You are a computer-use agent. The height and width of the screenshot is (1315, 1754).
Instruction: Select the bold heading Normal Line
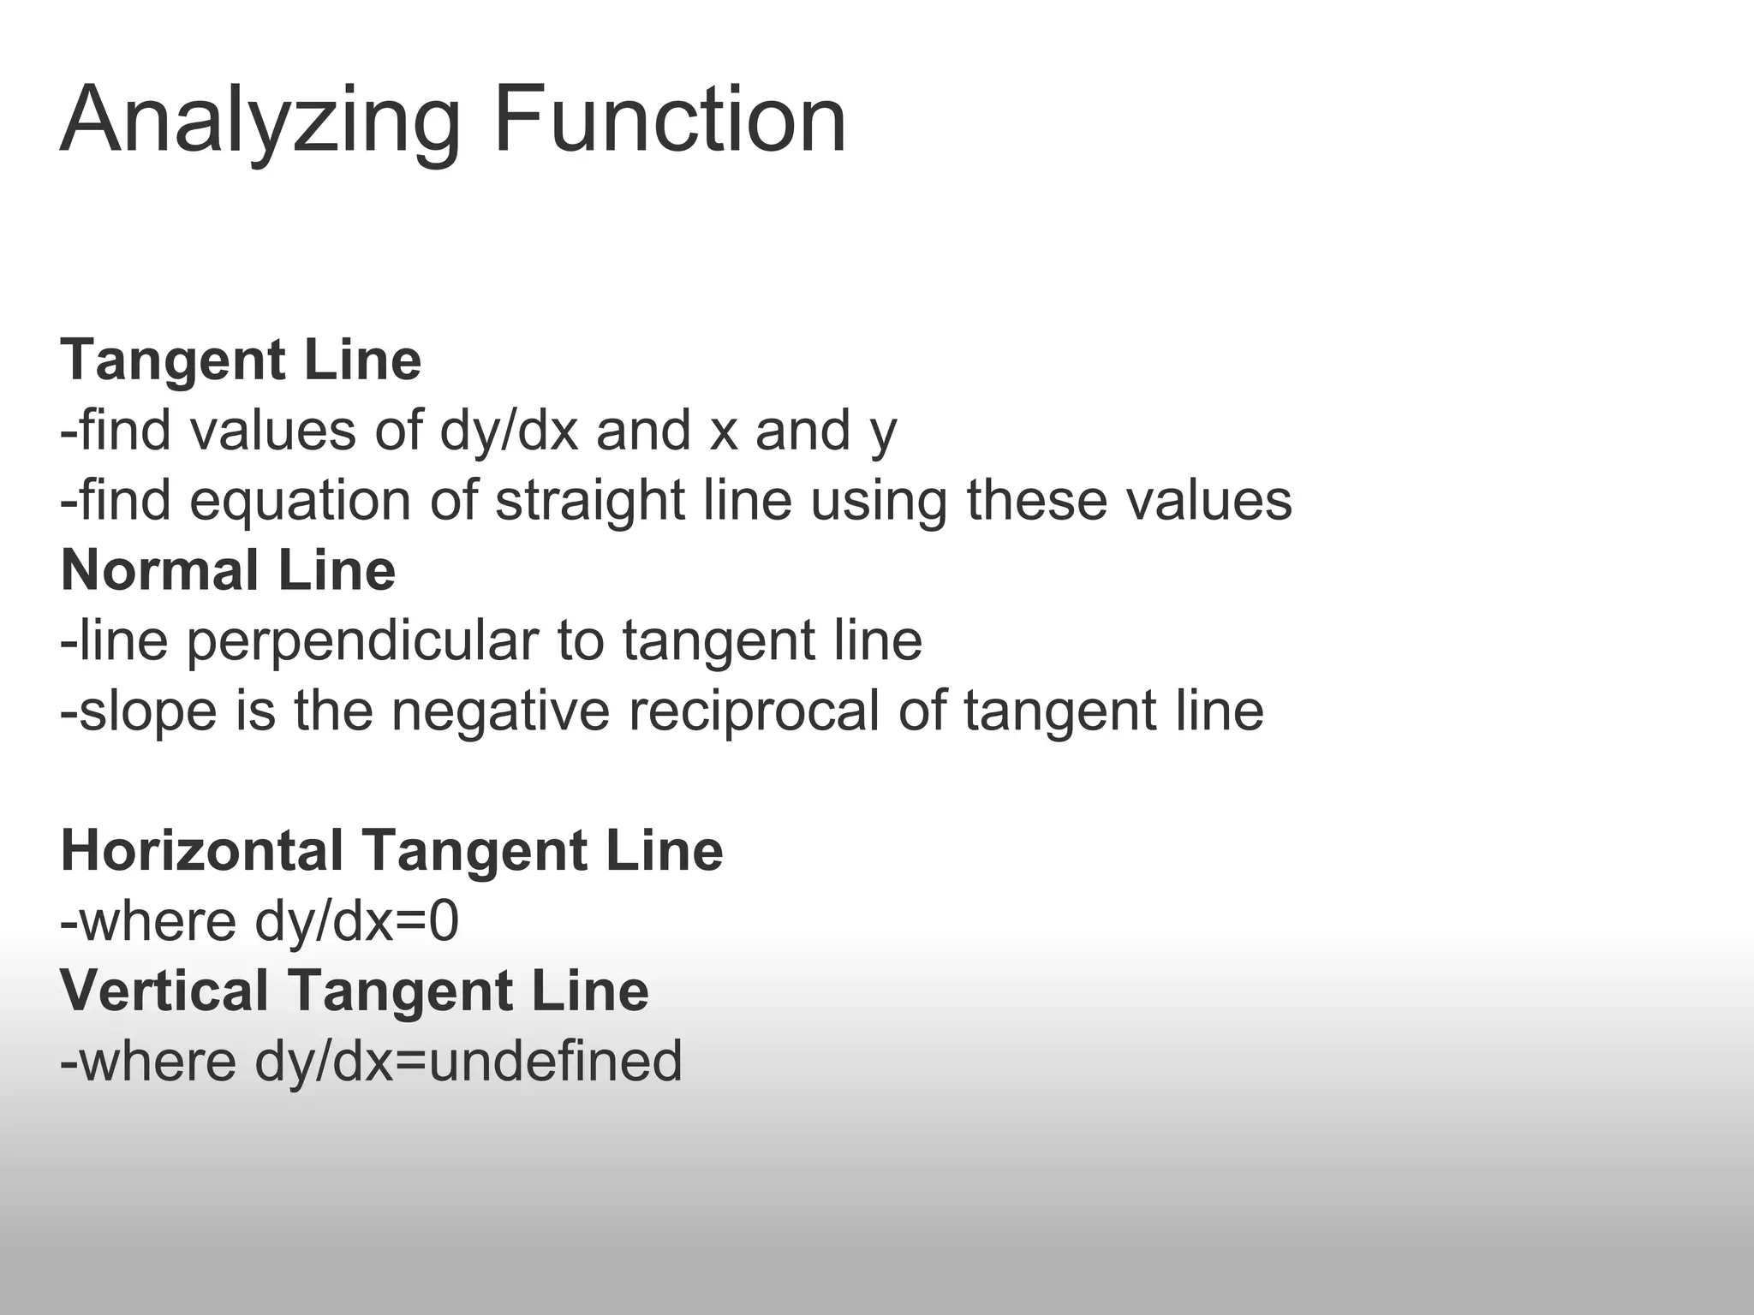[228, 570]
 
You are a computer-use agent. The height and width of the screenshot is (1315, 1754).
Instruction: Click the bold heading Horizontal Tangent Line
[391, 851]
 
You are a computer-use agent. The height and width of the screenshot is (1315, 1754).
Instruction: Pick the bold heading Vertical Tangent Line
[355, 991]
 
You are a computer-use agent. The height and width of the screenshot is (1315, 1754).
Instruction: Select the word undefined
[555, 1061]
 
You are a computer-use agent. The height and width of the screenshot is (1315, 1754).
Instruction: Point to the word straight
[590, 501]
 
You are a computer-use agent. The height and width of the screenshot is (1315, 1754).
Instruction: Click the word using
[879, 501]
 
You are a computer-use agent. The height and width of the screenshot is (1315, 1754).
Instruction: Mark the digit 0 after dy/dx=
[444, 921]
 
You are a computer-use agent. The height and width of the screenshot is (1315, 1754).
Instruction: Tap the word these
[1037, 501]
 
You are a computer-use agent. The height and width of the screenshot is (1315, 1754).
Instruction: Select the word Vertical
[164, 991]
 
